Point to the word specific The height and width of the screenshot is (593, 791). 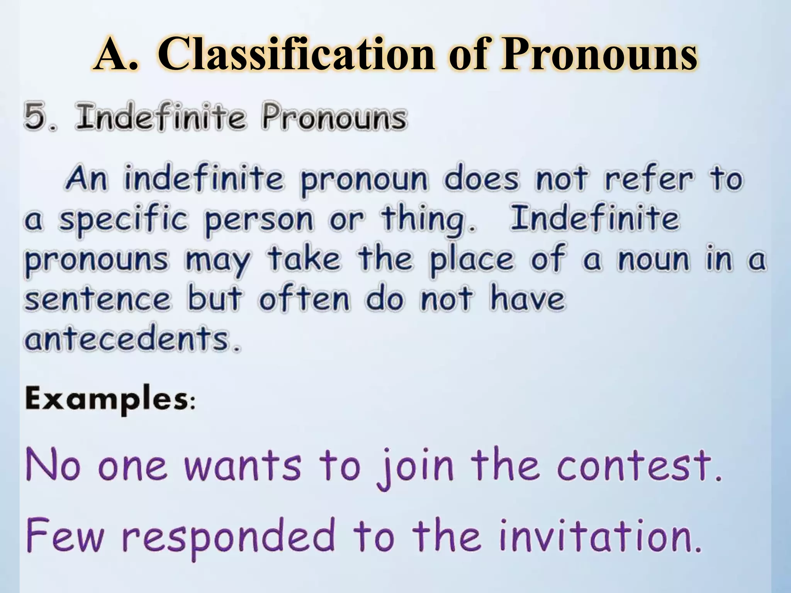coord(123,220)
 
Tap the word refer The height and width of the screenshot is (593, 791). coord(648,179)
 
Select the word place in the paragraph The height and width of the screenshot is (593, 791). coord(471,261)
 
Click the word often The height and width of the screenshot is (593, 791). coord(304,299)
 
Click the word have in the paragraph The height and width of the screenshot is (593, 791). coord(527,299)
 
